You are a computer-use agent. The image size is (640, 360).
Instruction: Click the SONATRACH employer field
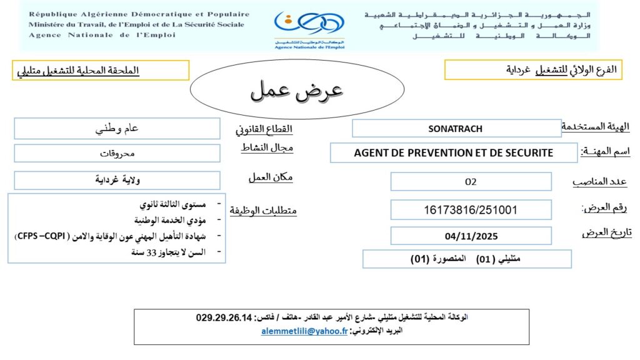pos(455,129)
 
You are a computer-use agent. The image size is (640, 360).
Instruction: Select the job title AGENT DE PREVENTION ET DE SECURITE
pos(453,152)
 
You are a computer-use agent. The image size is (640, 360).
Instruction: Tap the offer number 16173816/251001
pos(471,210)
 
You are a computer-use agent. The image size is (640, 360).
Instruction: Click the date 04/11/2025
pos(471,236)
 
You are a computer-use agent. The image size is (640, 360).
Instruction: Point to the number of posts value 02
pos(471,182)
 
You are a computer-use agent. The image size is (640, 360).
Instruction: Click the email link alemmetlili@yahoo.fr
pos(304,332)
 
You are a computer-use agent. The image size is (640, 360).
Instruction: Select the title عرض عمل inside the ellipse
pos(297,91)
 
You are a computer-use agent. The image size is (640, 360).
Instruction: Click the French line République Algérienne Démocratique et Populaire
pos(139,14)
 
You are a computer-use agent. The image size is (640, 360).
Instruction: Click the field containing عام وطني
pos(117,129)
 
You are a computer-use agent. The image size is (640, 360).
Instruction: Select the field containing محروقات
pos(117,153)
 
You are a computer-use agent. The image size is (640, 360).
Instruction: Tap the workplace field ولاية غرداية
pos(117,181)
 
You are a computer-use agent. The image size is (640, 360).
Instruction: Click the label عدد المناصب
pos(600,182)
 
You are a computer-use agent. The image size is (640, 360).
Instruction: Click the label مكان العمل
pos(271,177)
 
